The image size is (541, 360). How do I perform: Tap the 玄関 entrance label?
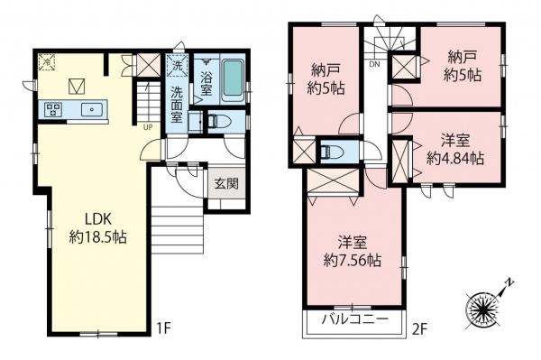(x=225, y=184)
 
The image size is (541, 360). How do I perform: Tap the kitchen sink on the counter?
(x=91, y=110)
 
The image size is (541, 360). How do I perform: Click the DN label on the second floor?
(x=373, y=64)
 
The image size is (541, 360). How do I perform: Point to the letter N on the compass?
(x=510, y=283)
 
